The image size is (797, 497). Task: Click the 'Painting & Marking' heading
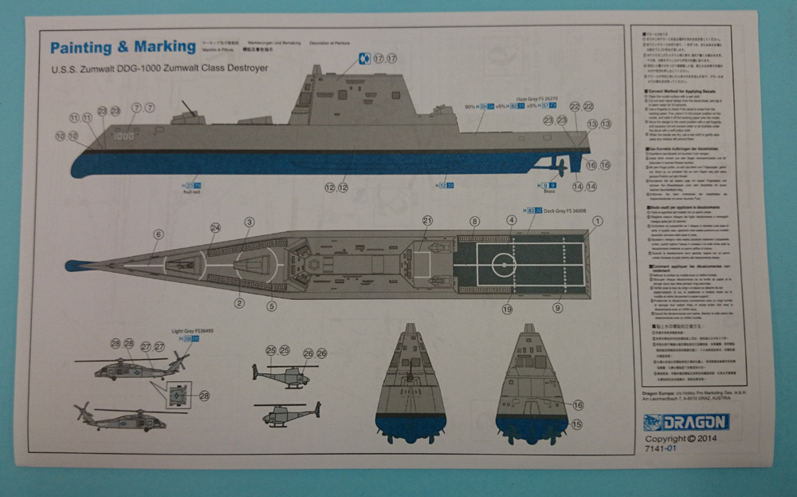[123, 46]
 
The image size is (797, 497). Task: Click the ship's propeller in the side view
[561, 168]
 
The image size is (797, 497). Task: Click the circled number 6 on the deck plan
[159, 234]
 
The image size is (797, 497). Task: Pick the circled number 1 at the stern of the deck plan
[597, 221]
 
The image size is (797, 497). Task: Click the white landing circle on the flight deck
[504, 263]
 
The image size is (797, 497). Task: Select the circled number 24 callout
[215, 227]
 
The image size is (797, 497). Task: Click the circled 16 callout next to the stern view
[578, 405]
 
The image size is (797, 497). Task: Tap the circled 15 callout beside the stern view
[577, 424]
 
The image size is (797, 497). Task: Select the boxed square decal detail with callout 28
[179, 394]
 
